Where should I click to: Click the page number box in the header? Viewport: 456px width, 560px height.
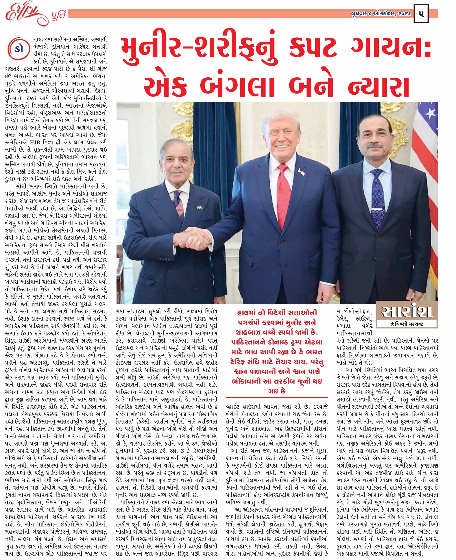point(421,13)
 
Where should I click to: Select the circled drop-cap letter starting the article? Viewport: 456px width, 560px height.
point(18,49)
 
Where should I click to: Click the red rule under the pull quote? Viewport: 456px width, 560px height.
point(277,398)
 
